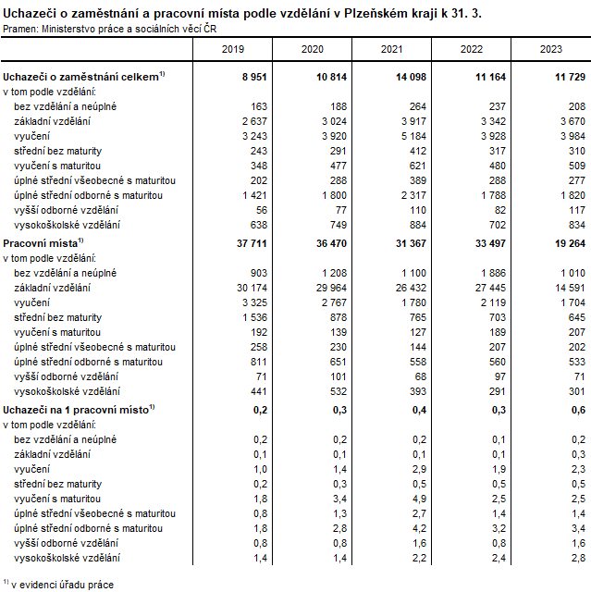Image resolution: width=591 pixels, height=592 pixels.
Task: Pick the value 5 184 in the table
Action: coord(410,136)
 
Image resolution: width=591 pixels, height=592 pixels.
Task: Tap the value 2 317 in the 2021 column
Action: coord(410,195)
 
